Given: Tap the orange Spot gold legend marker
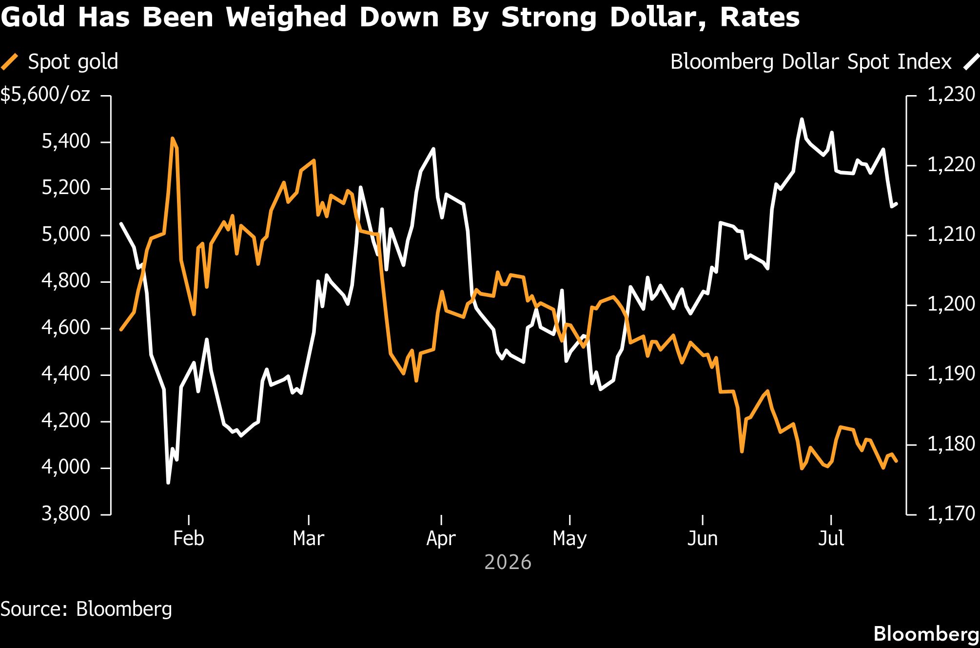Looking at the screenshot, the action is pos(9,62).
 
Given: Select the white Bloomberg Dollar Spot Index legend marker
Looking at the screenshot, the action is pos(971,62).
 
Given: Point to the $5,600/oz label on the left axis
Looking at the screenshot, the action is pos(45,94).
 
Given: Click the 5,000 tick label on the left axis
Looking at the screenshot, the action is pos(66,235).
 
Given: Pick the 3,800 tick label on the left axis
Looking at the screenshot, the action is pos(66,513).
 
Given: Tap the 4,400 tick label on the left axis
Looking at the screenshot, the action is pos(66,374).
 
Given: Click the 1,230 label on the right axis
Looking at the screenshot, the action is pos(951,94).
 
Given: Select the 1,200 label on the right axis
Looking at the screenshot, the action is pos(951,304).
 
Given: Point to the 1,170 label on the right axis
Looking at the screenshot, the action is pos(951,513).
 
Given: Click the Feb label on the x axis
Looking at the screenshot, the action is pos(189,538).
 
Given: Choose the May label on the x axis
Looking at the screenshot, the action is pos(569,539).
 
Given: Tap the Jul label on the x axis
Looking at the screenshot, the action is pos(831,538).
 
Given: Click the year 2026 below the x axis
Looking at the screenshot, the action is pos(508,563).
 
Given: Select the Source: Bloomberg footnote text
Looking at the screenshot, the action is pos(86,609).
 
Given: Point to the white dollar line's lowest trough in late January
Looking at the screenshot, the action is pos(168,483).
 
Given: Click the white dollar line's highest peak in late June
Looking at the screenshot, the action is pos(802,119).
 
